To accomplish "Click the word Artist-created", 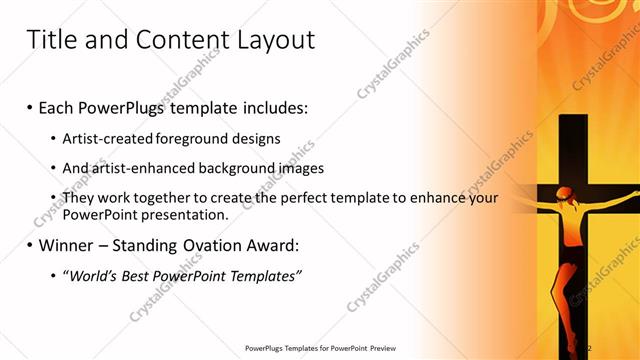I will [x=104, y=137].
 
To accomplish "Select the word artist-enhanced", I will [x=137, y=168].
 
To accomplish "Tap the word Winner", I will [x=69, y=244].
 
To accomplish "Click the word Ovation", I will [x=217, y=244].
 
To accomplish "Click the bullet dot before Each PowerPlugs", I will [x=31, y=105].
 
